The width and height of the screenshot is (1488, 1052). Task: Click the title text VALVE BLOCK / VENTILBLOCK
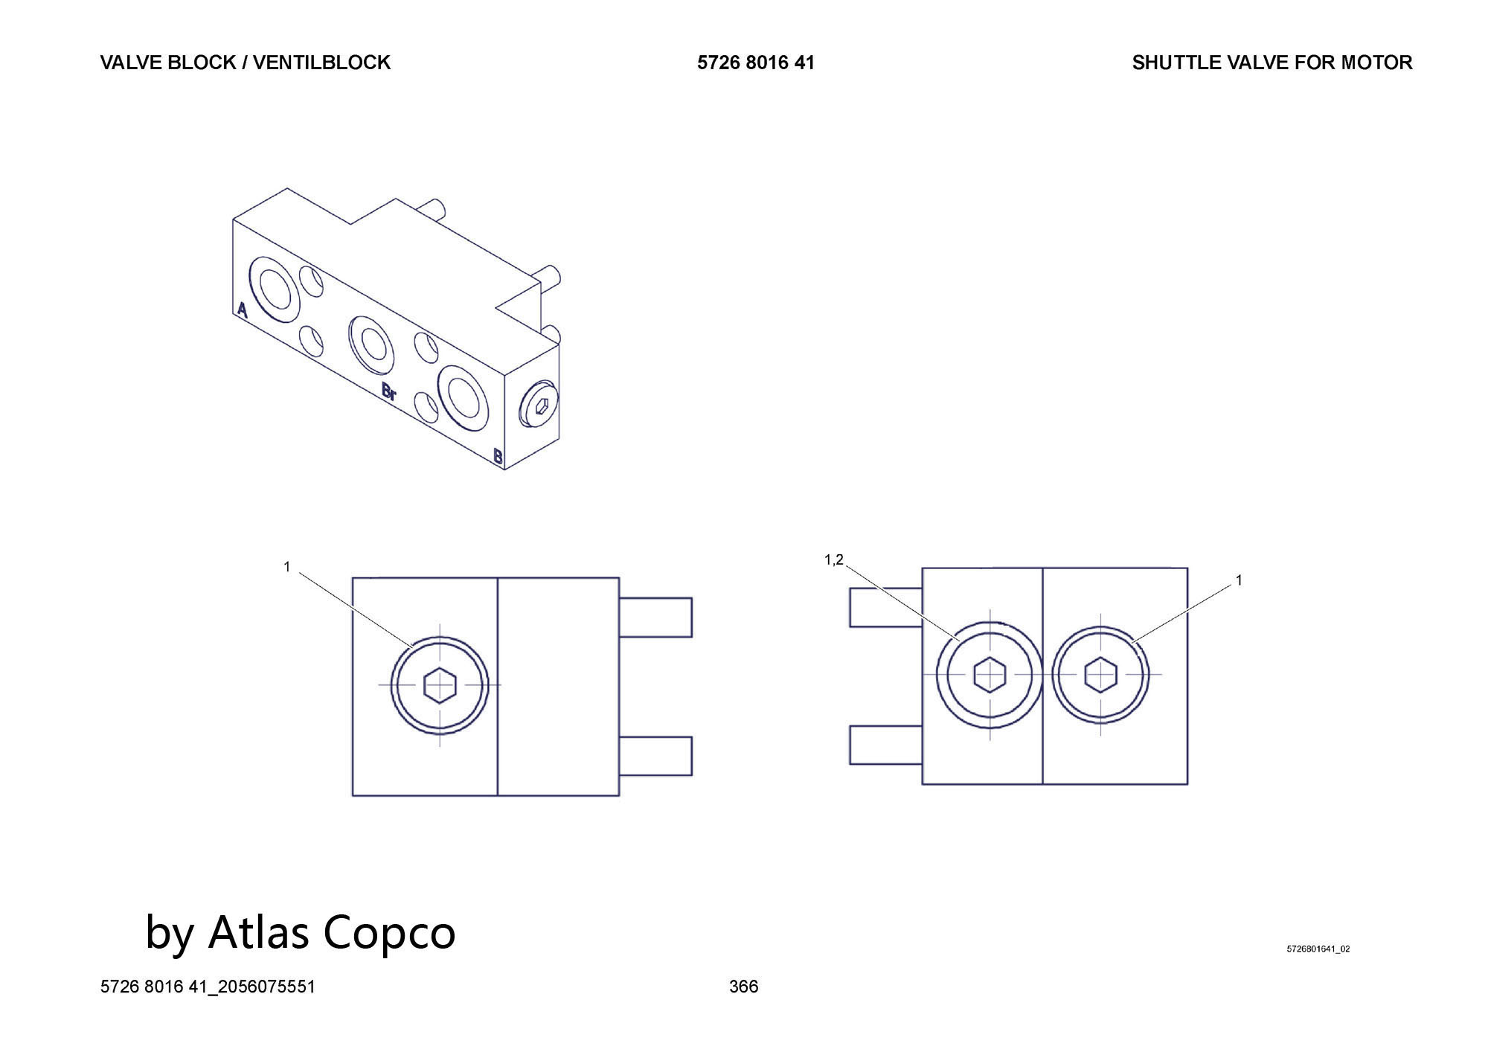[245, 62]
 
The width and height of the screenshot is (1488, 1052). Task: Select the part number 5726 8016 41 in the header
[756, 62]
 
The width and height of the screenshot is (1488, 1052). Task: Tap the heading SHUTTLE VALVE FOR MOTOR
[1272, 62]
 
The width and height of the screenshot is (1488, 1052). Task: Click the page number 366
[743, 987]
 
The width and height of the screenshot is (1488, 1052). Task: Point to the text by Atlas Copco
[301, 931]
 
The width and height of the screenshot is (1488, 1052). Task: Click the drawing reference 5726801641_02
[1318, 949]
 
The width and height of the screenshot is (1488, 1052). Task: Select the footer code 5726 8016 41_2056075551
[208, 987]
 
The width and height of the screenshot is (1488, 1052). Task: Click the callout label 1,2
[834, 560]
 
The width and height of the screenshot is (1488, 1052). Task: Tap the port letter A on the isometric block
[242, 310]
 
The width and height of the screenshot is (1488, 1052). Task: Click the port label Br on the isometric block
[388, 391]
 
